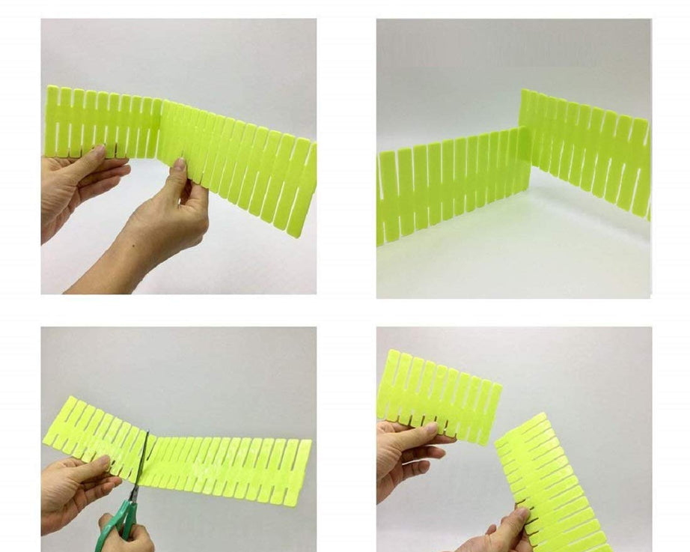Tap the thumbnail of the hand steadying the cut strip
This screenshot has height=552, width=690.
click(x=100, y=462)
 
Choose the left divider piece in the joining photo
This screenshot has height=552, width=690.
click(x=101, y=124)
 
